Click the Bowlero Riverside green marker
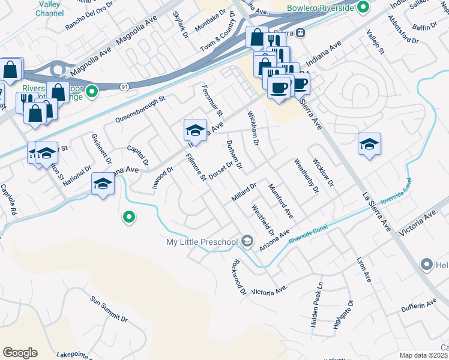pos(363,8)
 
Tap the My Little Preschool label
pos(202,242)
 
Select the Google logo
pos(20,353)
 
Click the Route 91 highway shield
pos(124,87)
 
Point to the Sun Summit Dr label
pos(109,308)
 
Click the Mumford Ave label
pos(280,201)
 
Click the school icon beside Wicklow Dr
pos(369,145)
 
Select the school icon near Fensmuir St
pos(195,130)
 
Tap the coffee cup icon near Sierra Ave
pos(279,88)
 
